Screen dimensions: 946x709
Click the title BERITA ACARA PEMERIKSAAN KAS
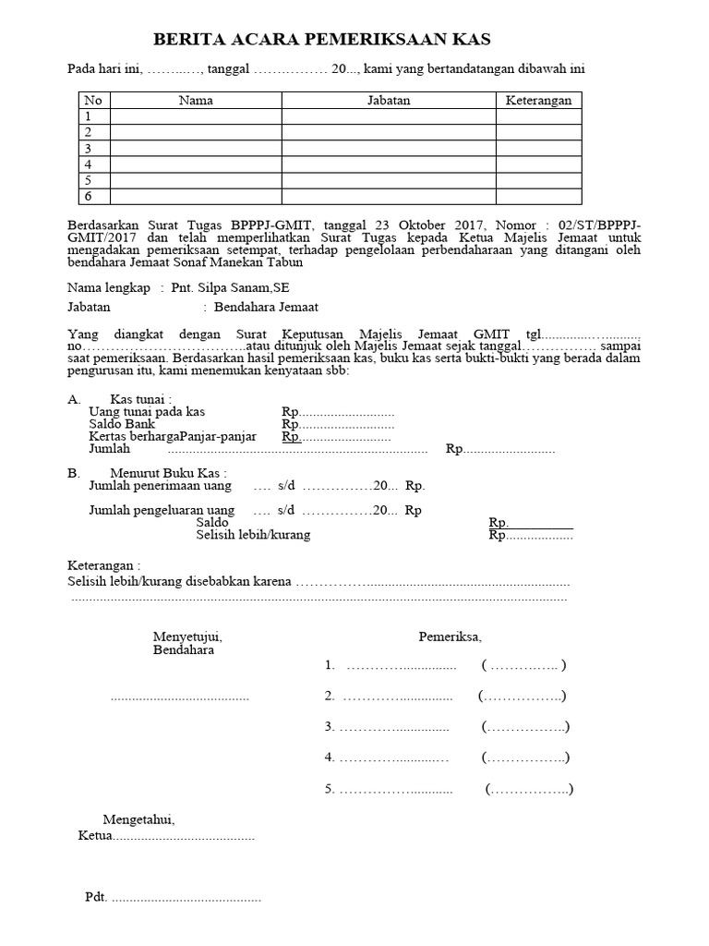pos(321,40)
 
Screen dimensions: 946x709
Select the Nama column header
pos(195,101)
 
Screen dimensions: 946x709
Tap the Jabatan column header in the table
pos(389,101)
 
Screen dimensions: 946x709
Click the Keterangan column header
pos(538,101)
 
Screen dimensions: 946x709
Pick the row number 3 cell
pos(89,148)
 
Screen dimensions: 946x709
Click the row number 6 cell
pos(89,196)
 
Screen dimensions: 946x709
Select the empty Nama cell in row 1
pos(195,116)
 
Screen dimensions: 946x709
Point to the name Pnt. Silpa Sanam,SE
pos(230,288)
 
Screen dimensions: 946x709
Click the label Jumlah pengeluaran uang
pos(161,510)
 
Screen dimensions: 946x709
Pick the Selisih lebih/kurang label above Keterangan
pos(253,535)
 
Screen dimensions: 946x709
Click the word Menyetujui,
pos(186,637)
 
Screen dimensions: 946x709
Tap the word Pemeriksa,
pos(450,637)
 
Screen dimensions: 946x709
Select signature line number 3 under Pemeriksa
pos(393,727)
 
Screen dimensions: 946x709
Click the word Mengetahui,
pos(138,819)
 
